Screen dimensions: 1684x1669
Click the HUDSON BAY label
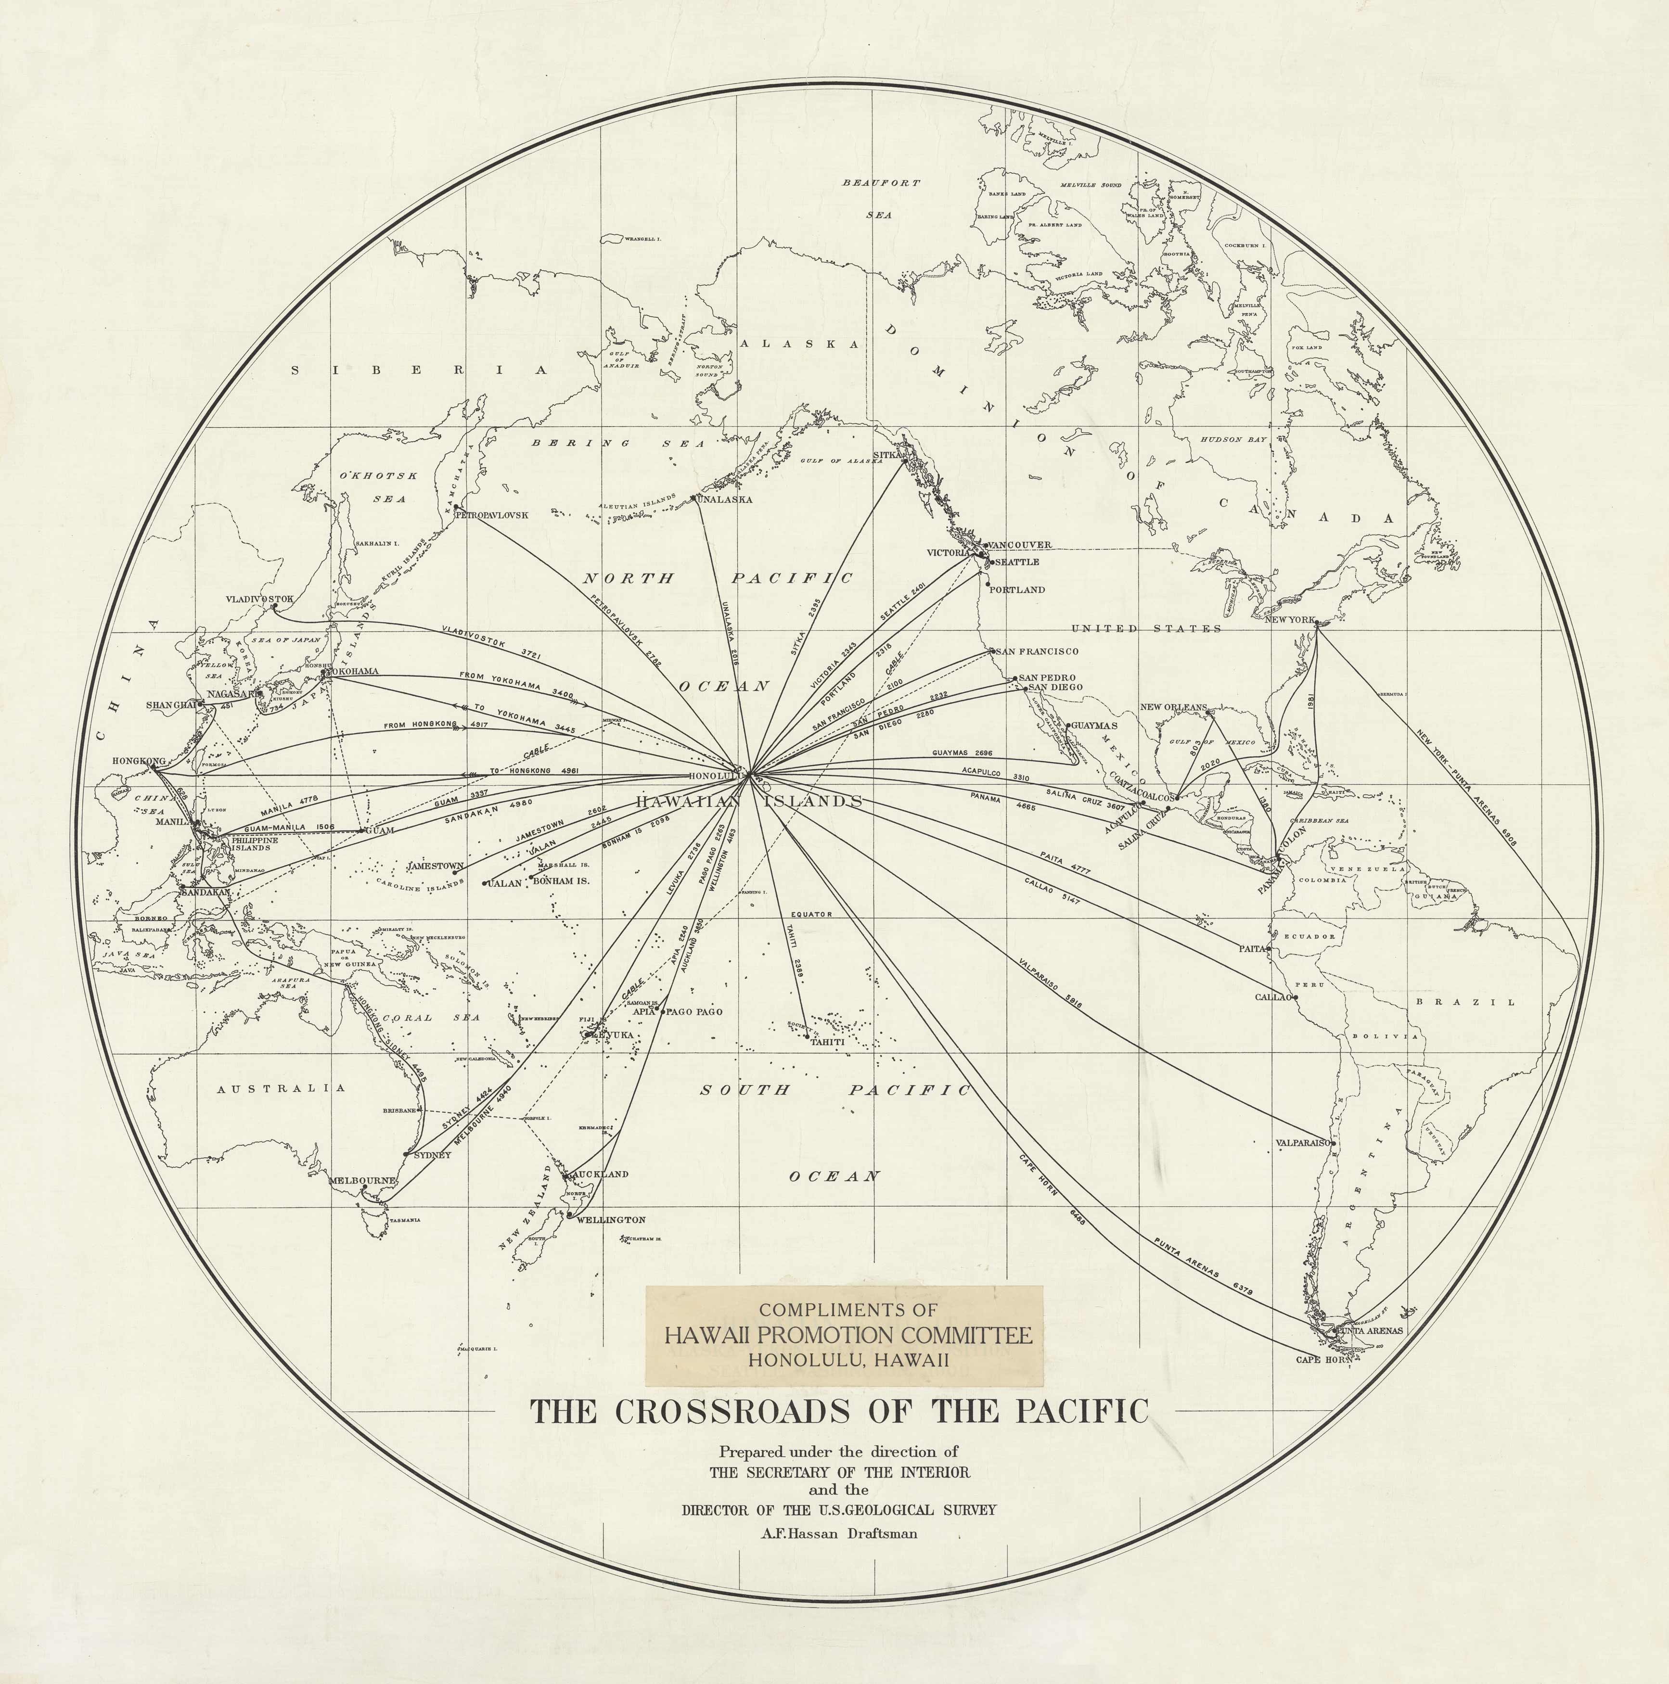click(x=1233, y=440)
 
